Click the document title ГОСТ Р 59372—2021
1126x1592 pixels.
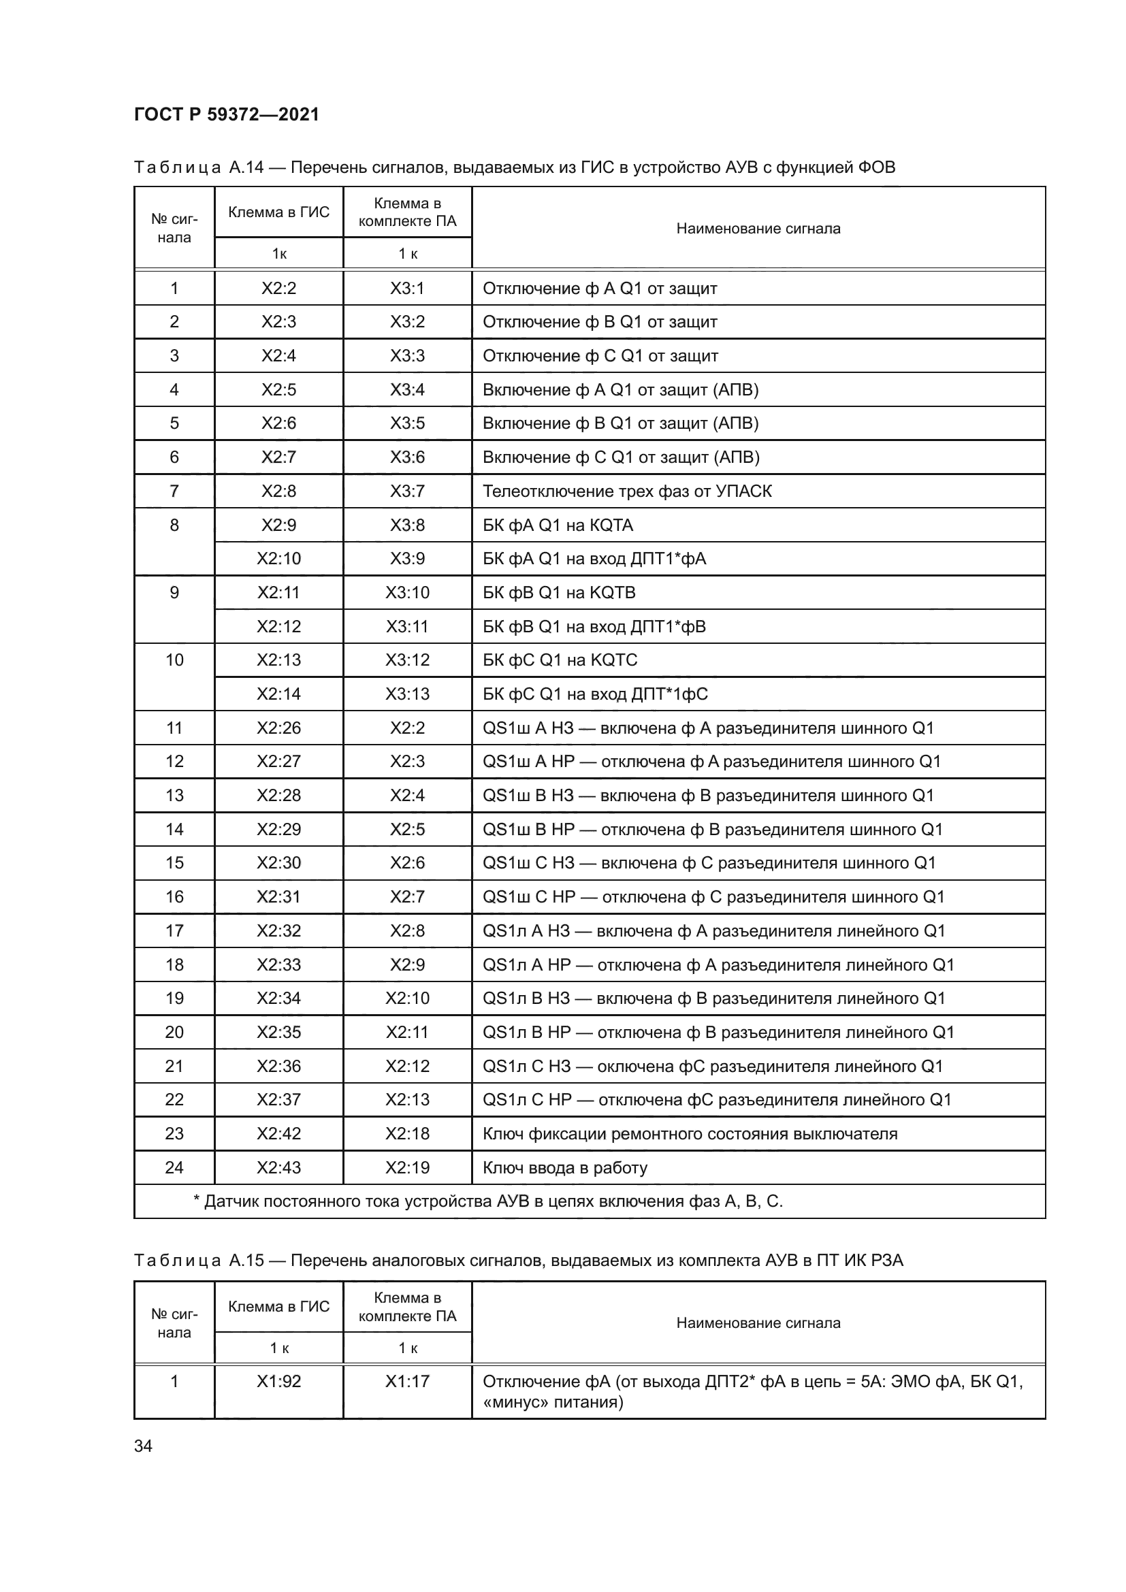pyautogui.click(x=226, y=114)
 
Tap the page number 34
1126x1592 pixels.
pyautogui.click(x=143, y=1446)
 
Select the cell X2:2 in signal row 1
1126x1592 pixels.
pyautogui.click(x=278, y=289)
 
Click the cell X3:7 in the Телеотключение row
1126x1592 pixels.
pyautogui.click(x=407, y=491)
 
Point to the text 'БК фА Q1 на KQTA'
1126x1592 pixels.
pyautogui.click(x=558, y=525)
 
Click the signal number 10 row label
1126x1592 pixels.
pyautogui.click(x=174, y=660)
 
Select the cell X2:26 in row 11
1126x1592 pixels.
pyautogui.click(x=278, y=728)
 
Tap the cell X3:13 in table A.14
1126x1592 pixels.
pyautogui.click(x=407, y=694)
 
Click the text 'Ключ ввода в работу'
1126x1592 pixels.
pyautogui.click(x=564, y=1168)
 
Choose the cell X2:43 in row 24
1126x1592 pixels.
pyautogui.click(x=278, y=1168)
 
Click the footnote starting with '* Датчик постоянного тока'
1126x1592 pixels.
pyautogui.click(x=487, y=1201)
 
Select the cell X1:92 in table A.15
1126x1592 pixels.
pyautogui.click(x=278, y=1381)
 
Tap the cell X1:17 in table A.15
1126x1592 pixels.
pyautogui.click(x=407, y=1381)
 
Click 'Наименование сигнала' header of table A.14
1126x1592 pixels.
pyautogui.click(x=758, y=229)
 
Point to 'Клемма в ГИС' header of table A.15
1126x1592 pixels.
pyautogui.click(x=278, y=1306)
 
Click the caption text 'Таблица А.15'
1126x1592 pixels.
pyautogui.click(x=198, y=1261)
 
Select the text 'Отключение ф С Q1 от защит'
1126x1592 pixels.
pyautogui.click(x=600, y=357)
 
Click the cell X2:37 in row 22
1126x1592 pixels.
pyautogui.click(x=278, y=1100)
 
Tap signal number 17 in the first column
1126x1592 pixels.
pyautogui.click(x=174, y=930)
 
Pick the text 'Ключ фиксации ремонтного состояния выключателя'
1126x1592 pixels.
pyautogui.click(x=689, y=1134)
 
